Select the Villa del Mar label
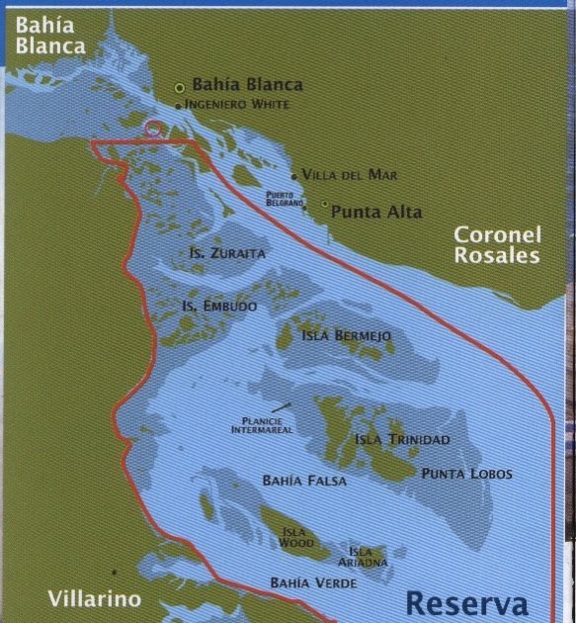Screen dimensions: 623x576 (x=349, y=175)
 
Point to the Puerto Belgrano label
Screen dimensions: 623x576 (x=285, y=198)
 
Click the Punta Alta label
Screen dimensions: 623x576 (x=375, y=212)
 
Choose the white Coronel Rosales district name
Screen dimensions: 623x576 (x=497, y=245)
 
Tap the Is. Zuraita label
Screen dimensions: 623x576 (x=227, y=253)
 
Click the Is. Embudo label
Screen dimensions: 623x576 (x=218, y=307)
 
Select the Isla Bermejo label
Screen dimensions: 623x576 (x=347, y=336)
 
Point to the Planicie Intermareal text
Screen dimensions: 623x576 (x=261, y=425)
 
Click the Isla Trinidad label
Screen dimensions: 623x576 (x=401, y=439)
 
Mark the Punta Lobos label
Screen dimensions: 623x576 (x=466, y=474)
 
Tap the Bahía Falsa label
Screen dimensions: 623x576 (x=304, y=481)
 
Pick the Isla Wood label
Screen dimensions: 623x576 (x=296, y=538)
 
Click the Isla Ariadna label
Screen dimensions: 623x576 (x=361, y=557)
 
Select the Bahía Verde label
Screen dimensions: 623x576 (x=313, y=583)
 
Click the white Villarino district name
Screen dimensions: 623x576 (x=95, y=598)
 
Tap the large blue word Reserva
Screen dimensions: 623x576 (x=466, y=602)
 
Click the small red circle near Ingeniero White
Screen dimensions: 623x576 (x=153, y=128)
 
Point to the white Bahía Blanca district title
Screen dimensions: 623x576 (x=49, y=35)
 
